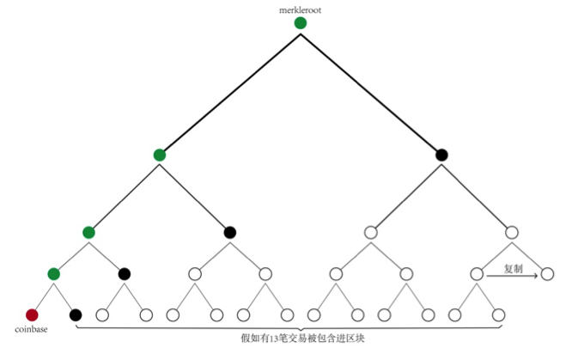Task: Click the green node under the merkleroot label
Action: pos(300,23)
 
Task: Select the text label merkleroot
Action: pos(300,9)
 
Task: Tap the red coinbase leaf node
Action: pos(33,314)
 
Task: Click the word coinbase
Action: pos(31,329)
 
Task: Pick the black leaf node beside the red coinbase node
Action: pos(75,314)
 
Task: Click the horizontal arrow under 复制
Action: pos(513,276)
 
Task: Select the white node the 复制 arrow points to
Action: pos(547,274)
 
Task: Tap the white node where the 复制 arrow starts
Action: pos(477,274)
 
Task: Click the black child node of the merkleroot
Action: pos(441,155)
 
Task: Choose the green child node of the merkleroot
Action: pos(159,155)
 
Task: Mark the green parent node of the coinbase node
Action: pos(54,274)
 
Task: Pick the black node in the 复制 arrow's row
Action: pos(125,274)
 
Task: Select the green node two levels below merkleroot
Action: pos(88,232)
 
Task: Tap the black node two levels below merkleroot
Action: pos(229,232)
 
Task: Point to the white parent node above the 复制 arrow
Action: pos(512,232)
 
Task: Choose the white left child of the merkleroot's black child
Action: pos(370,232)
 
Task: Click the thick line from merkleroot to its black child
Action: pos(371,89)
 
